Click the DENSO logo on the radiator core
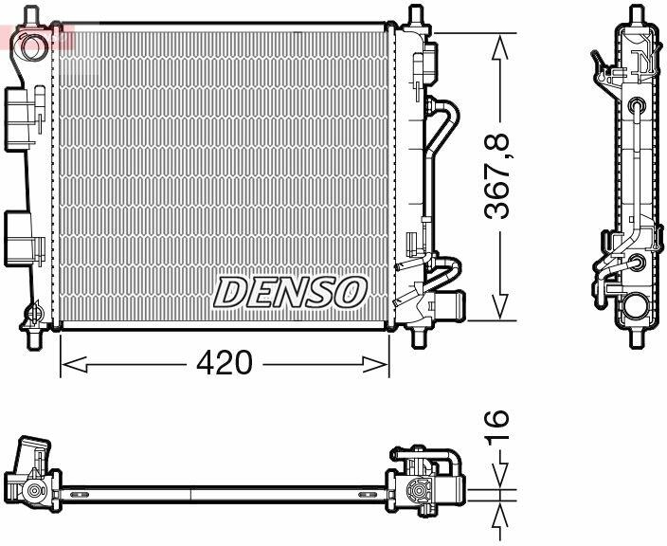pos(290,292)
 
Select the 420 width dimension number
pos(225,363)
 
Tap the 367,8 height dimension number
pos(496,176)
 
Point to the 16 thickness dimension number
pos(496,427)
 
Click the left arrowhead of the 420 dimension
pos(74,365)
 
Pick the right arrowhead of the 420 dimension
pos(375,365)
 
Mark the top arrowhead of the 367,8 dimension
pos(500,46)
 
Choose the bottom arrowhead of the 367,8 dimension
pos(500,306)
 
